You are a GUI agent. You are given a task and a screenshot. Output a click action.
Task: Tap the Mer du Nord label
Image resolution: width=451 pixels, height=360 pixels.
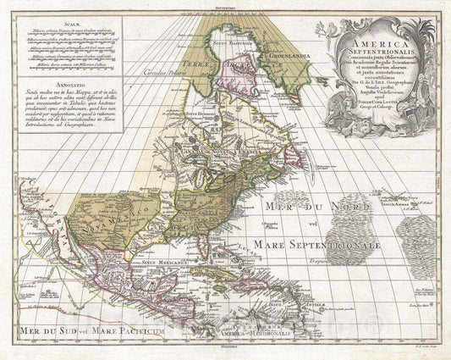click(x=310, y=204)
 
